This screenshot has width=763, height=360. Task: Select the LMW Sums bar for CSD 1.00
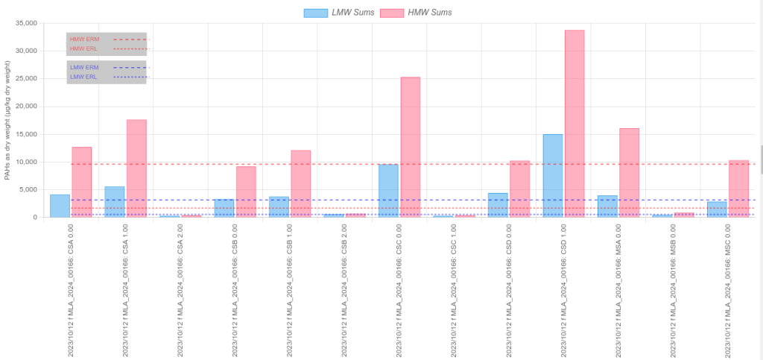[553, 176]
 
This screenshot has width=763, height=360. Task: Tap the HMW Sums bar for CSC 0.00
[411, 148]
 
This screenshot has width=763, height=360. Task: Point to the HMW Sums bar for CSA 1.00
[136, 168]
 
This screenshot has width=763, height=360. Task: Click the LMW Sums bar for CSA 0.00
[60, 206]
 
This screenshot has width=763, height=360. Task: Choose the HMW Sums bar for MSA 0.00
[630, 173]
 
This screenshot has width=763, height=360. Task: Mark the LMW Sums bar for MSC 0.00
[717, 209]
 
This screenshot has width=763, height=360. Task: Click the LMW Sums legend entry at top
[339, 13]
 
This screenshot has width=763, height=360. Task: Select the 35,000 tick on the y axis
[25, 23]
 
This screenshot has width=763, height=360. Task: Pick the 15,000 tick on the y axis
[25, 134]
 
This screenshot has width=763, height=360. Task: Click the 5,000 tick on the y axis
[27, 189]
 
